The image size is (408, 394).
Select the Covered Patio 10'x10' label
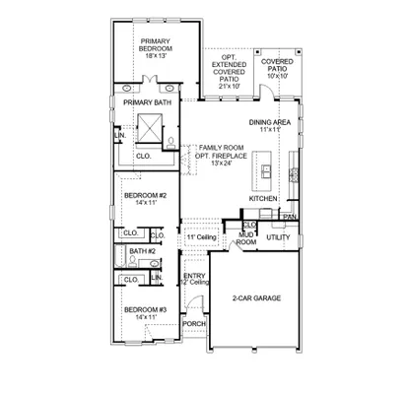click(277, 65)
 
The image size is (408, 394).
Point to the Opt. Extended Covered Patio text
click(230, 67)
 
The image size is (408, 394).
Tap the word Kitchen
click(263, 198)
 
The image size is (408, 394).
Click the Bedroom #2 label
click(144, 195)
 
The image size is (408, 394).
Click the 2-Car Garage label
click(256, 296)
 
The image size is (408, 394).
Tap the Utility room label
click(278, 237)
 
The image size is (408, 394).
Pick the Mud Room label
click(245, 237)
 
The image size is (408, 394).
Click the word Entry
click(194, 275)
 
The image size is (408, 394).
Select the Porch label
click(194, 323)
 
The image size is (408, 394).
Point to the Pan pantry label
click(289, 217)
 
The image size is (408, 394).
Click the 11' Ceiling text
click(200, 237)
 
